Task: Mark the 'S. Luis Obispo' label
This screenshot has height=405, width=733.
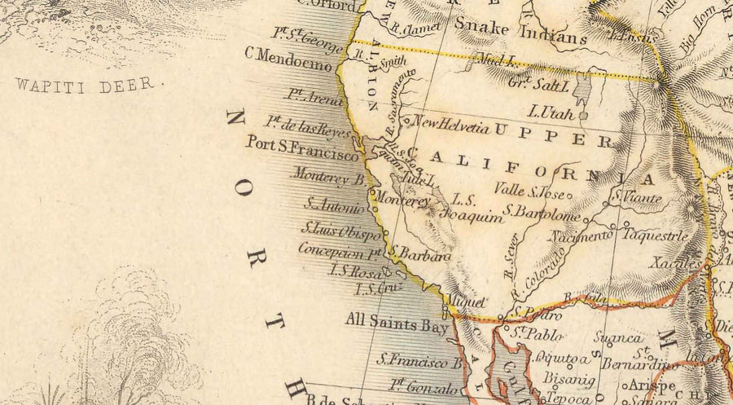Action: (340, 230)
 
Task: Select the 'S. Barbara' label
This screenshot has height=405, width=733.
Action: (419, 255)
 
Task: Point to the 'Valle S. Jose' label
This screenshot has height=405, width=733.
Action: (530, 191)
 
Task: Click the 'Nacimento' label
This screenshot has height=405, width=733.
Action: (581, 236)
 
